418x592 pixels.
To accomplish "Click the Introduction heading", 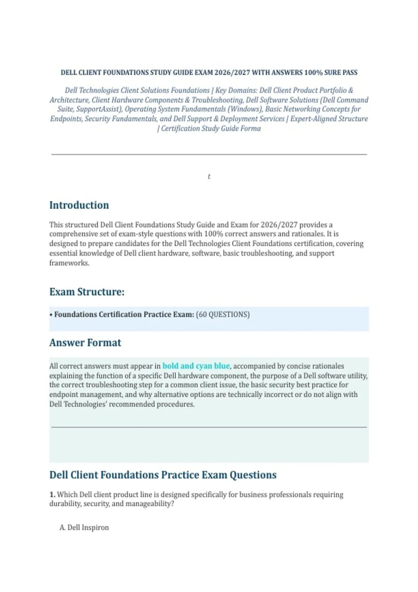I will [x=79, y=205].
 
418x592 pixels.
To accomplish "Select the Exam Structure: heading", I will [x=87, y=292].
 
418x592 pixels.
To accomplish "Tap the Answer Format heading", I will [x=85, y=343].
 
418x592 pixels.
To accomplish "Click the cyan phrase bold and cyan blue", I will [x=196, y=366].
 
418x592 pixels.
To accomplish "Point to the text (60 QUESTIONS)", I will [x=223, y=314].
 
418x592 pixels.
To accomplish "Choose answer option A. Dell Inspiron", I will [x=84, y=528].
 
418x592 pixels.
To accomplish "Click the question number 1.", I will [x=52, y=494].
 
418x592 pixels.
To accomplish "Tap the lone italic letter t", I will [x=209, y=177].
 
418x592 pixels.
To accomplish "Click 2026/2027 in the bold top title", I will [x=232, y=73].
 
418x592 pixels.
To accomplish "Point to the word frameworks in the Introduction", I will [x=69, y=263].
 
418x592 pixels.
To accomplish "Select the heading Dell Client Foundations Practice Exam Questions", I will [x=163, y=475].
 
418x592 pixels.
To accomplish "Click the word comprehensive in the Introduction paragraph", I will [x=72, y=234].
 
